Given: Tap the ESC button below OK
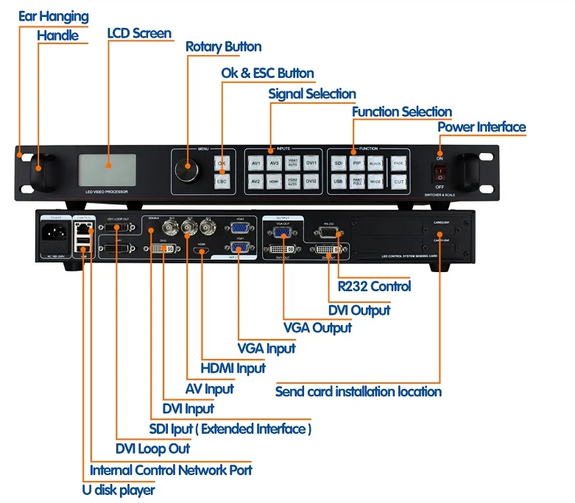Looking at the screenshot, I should pyautogui.click(x=222, y=180).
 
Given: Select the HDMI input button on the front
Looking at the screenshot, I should pyautogui.click(x=274, y=181).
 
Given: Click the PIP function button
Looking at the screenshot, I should pyautogui.click(x=357, y=163).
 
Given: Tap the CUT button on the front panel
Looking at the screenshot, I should pyautogui.click(x=398, y=181).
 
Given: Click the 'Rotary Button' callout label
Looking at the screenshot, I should pyautogui.click(x=223, y=47).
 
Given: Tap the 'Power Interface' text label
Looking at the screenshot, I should pyautogui.click(x=481, y=127).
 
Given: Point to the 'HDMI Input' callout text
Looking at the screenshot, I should pyautogui.click(x=233, y=368).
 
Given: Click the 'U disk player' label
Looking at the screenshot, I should pyautogui.click(x=119, y=489).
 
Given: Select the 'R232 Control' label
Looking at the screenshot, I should pyautogui.click(x=374, y=287).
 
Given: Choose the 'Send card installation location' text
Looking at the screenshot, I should pyautogui.click(x=358, y=391).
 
